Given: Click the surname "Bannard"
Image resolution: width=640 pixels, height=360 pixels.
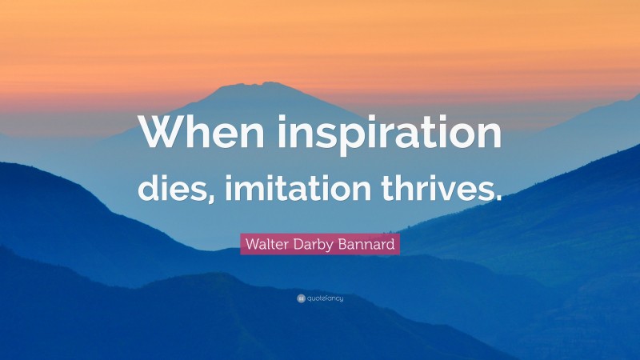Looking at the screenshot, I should [367, 244].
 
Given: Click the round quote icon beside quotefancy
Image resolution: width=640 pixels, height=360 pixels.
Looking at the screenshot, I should [300, 298].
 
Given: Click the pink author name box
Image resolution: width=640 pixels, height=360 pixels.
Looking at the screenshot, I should [319, 244].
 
